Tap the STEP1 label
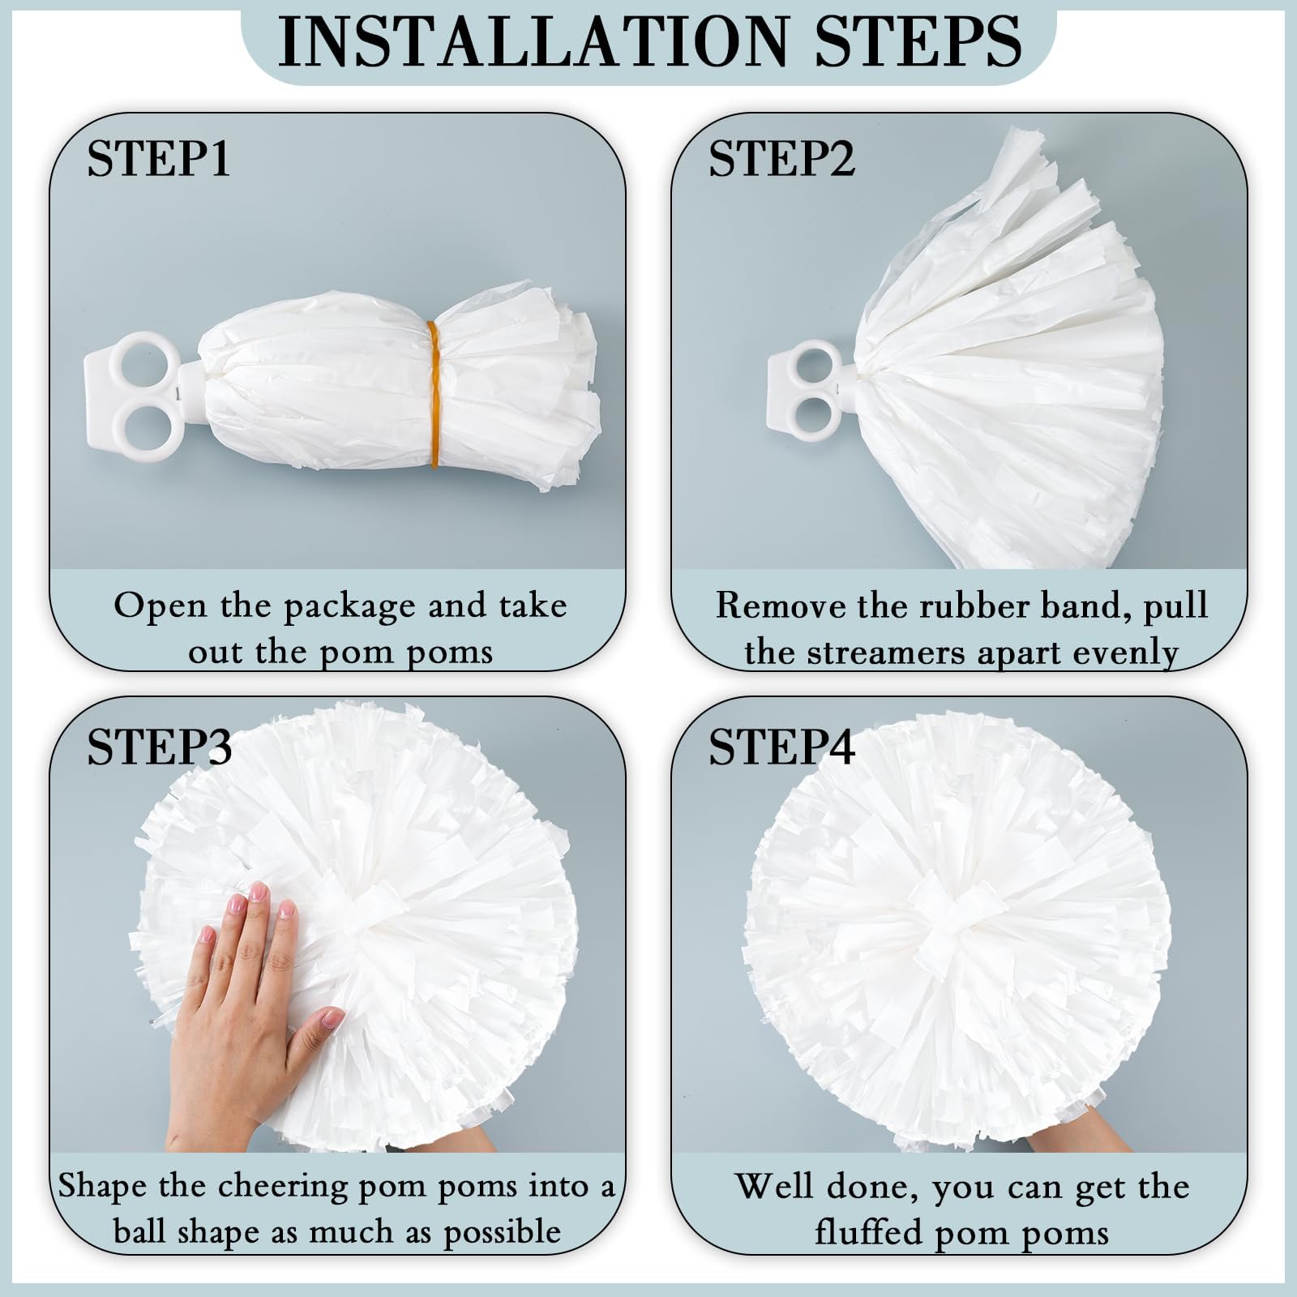coord(159,159)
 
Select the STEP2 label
coord(781,159)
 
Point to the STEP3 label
coord(159,747)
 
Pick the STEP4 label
coord(781,747)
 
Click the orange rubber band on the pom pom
coord(434,394)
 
